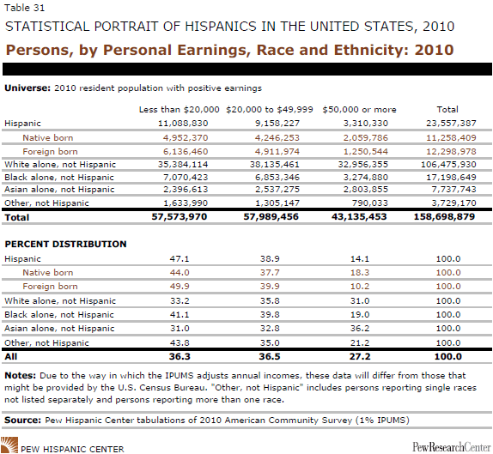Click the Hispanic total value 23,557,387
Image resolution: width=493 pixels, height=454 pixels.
[x=451, y=124]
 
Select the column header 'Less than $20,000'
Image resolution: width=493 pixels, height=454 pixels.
[x=179, y=109]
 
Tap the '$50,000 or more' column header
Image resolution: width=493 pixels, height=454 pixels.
[x=359, y=109]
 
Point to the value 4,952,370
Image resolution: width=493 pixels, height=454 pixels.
[x=186, y=137]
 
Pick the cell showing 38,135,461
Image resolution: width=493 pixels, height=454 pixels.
[x=275, y=164]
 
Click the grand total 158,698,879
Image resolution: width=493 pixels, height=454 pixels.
[x=444, y=216]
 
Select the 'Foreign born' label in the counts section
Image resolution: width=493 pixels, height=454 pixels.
[x=50, y=151]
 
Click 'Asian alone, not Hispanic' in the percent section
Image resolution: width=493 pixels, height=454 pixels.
[x=59, y=329]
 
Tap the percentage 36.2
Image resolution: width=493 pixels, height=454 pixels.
[x=360, y=329]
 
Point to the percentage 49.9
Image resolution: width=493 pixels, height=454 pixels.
[x=180, y=287]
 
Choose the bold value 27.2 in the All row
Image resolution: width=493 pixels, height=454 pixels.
[x=360, y=357]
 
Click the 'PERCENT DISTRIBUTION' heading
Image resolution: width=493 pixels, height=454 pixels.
[x=65, y=244]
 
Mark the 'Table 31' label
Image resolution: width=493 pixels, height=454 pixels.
[x=25, y=8]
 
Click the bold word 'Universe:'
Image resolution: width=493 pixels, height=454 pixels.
[x=27, y=88]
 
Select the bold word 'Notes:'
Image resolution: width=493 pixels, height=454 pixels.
[x=21, y=375]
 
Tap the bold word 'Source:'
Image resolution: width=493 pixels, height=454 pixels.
[x=22, y=420]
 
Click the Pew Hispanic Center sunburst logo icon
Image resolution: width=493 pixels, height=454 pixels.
[x=9, y=445]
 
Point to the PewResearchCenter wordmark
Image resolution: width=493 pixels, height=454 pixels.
[x=452, y=447]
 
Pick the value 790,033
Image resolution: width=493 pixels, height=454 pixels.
[x=369, y=203]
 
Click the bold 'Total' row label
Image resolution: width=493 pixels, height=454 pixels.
[x=16, y=217]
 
